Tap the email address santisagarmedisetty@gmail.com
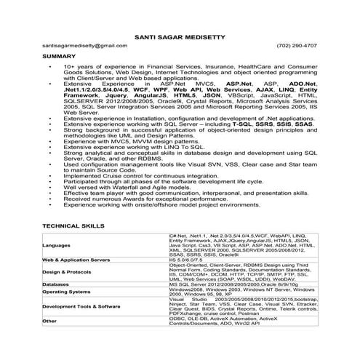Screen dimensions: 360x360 (79, 45)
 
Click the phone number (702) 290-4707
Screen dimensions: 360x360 (298, 45)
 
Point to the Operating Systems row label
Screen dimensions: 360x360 (73, 291)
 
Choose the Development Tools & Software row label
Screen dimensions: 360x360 (91, 307)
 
